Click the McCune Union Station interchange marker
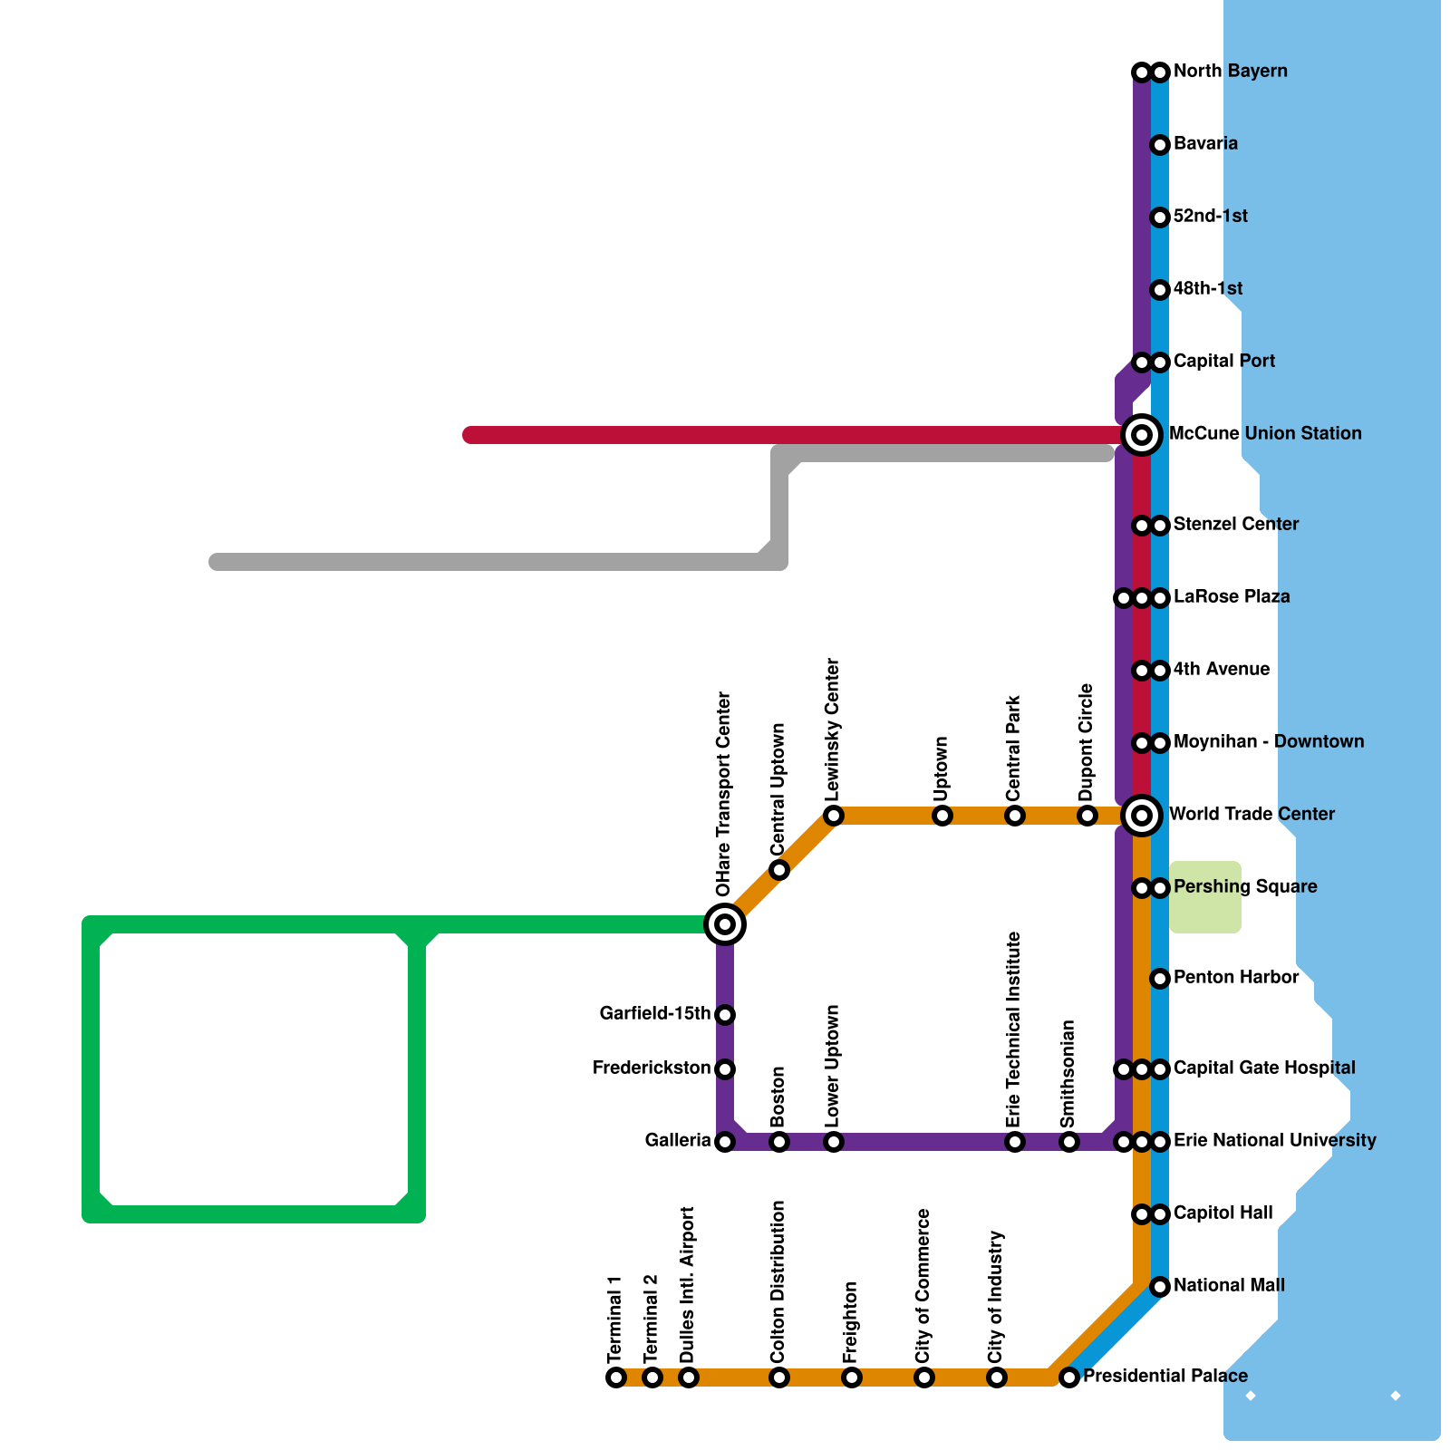coord(1142,435)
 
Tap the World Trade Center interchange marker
coord(1142,816)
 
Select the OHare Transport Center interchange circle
coord(725,924)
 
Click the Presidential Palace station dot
coord(1069,1377)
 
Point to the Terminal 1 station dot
coord(616,1377)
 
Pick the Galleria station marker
coord(725,1142)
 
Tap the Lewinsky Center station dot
coord(834,816)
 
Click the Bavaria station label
coord(1205,144)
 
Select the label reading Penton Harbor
coord(1235,978)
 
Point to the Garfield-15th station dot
coord(725,1015)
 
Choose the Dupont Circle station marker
coord(1087,816)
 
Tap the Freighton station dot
coord(852,1377)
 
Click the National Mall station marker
coord(1160,1287)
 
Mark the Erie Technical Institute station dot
coord(1015,1142)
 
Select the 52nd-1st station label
coord(1210,217)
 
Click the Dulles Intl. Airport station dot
coord(689,1377)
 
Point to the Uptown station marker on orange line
coord(942,816)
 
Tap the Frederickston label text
coord(651,1068)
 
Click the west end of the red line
coord(469,435)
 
